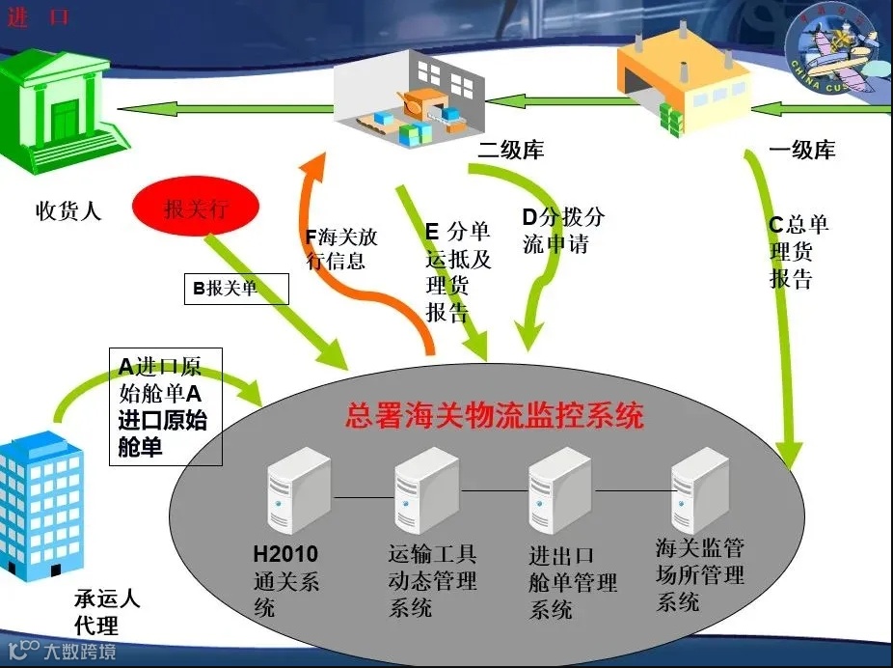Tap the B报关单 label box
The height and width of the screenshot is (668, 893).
pos(236,288)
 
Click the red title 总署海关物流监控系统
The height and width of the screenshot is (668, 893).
pos(494,417)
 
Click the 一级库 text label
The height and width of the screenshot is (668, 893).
pos(802,151)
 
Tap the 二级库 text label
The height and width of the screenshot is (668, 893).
pos(511,151)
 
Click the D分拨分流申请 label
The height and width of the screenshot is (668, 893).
pos(563,230)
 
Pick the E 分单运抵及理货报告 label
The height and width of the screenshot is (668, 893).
pos(458,271)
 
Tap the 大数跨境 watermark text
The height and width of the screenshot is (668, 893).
pos(82,651)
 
